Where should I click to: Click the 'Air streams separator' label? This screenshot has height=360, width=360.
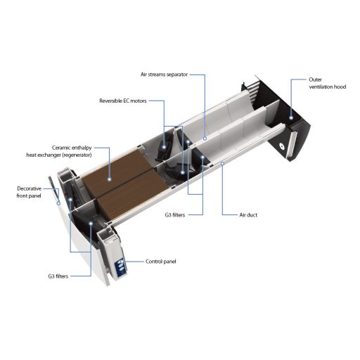tap(164, 75)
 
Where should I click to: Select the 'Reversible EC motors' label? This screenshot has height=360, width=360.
tap(123, 101)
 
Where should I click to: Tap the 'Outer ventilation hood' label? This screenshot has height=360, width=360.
tap(327, 83)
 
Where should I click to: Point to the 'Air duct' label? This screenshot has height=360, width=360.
tap(248, 215)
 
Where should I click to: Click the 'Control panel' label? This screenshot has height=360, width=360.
tap(160, 262)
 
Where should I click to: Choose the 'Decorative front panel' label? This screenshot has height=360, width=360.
tap(29, 192)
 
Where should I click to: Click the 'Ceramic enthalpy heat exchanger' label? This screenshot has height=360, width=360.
tap(59, 151)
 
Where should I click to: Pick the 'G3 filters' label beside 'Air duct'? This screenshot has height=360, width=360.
tap(175, 215)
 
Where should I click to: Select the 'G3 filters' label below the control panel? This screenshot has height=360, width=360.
tap(58, 276)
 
